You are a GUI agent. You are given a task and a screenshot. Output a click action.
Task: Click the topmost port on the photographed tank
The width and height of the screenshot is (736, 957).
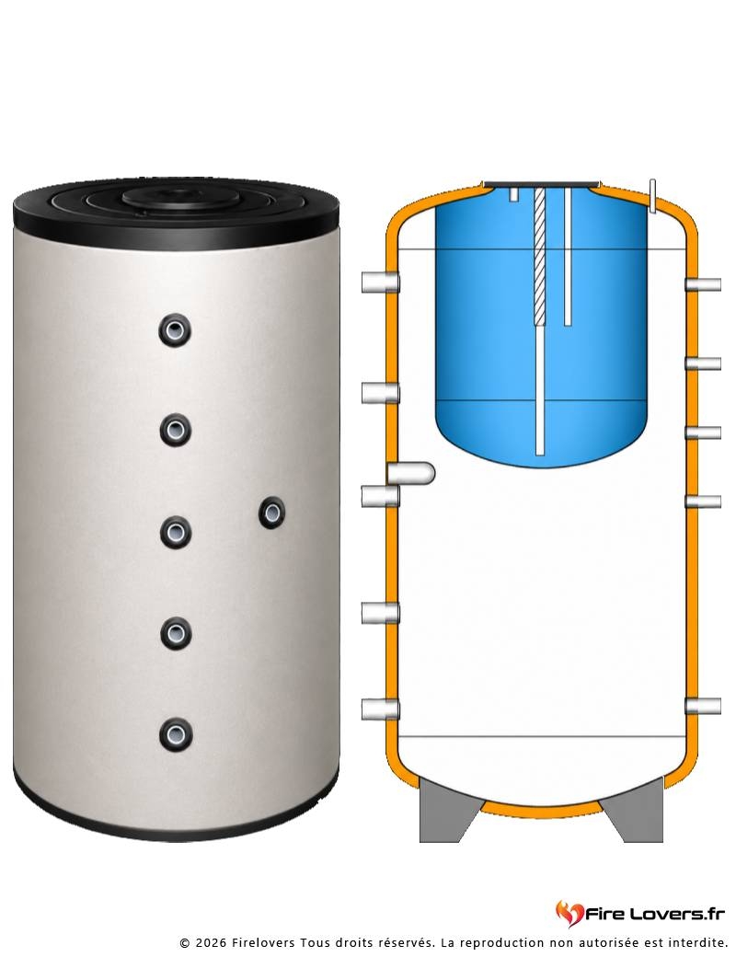tap(175, 330)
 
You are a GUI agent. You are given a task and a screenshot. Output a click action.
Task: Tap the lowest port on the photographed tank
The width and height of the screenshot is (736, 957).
tap(176, 734)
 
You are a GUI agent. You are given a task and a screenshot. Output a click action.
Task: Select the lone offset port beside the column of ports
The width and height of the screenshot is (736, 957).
tap(272, 512)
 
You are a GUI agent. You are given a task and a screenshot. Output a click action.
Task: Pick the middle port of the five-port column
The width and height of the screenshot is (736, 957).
tap(176, 532)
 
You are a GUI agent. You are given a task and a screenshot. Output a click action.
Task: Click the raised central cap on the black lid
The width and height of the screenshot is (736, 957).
tap(176, 198)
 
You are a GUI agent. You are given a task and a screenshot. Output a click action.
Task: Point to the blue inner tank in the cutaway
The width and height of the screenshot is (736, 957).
tap(541, 329)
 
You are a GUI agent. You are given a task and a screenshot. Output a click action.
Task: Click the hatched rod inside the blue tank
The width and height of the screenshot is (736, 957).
tap(540, 256)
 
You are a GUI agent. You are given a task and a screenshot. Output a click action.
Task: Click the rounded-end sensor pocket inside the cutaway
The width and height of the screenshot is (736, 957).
tap(411, 473)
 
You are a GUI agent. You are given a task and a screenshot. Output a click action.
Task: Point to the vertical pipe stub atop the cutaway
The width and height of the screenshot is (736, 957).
tap(652, 196)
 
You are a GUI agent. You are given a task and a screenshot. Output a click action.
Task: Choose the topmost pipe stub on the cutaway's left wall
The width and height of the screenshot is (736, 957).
tap(380, 282)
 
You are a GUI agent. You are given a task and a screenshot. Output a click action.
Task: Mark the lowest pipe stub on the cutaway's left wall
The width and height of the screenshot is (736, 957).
tap(380, 709)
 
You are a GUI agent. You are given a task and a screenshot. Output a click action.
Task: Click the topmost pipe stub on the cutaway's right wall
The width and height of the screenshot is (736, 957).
tap(703, 284)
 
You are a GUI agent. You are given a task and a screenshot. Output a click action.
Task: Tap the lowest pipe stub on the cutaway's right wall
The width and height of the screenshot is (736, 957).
tap(703, 706)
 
